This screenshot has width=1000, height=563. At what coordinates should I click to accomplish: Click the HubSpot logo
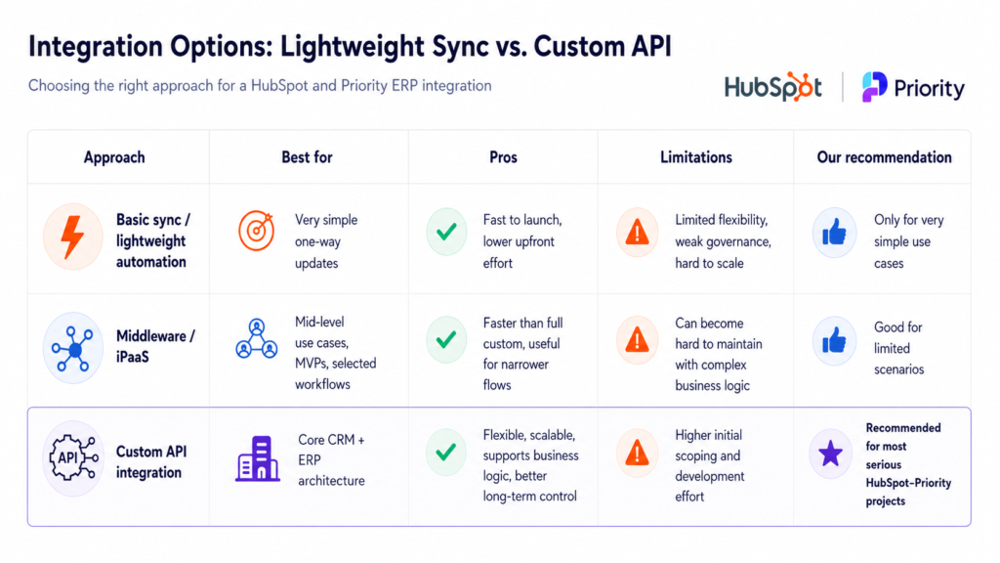pos(773,87)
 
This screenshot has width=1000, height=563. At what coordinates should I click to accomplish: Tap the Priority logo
pos(913,87)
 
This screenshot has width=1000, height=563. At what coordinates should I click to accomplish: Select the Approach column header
pos(114,157)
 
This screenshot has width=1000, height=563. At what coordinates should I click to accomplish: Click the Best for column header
pos(307,157)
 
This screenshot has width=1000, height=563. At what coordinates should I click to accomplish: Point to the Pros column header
pos(503,157)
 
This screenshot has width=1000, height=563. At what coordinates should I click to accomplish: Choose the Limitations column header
pos(695,157)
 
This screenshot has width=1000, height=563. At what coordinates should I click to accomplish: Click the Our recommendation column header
pos(884,157)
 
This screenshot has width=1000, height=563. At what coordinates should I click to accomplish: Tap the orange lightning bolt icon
pos(72,237)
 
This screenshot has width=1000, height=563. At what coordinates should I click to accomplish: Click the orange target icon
pos(257,231)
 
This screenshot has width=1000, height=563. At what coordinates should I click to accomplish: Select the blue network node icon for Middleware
pos(72,349)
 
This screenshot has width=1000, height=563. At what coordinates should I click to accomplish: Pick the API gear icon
pos(73,457)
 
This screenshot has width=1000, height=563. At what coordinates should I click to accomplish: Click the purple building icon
pos(258,458)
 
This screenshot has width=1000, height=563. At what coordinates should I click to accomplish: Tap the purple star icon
pos(830,454)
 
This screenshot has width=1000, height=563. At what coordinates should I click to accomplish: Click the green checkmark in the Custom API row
pos(445,452)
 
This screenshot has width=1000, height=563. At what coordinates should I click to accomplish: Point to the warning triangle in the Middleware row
pos(637,339)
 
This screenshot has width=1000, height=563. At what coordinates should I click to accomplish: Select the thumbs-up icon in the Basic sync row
pos(834,233)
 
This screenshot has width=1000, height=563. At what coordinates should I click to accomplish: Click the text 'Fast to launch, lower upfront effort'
pos(522,241)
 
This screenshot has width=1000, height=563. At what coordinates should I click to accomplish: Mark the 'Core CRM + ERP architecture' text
pos(332,460)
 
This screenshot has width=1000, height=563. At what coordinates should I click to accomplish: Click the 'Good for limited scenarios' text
pos(898,348)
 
